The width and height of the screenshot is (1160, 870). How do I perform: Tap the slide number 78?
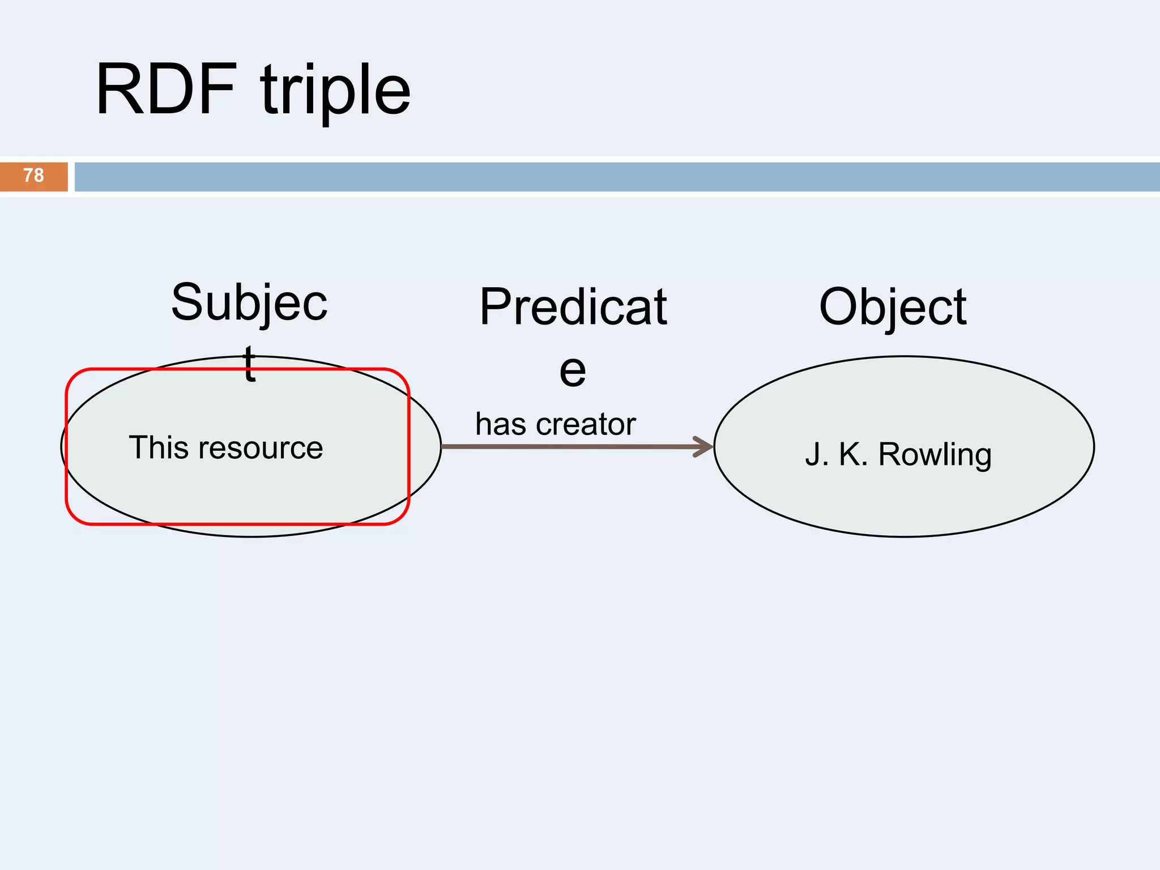click(33, 176)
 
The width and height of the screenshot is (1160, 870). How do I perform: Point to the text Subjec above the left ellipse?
click(249, 304)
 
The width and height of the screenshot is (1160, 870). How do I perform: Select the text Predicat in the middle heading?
click(573, 307)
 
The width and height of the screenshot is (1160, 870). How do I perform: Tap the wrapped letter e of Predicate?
click(572, 371)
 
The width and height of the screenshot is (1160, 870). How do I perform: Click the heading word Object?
click(893, 307)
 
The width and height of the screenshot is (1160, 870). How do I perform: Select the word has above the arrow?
click(501, 424)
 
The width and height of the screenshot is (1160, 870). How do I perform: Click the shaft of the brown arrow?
click(566, 447)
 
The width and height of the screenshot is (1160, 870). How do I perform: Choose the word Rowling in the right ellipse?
click(935, 455)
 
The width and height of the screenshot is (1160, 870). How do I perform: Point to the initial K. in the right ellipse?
click(853, 455)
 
